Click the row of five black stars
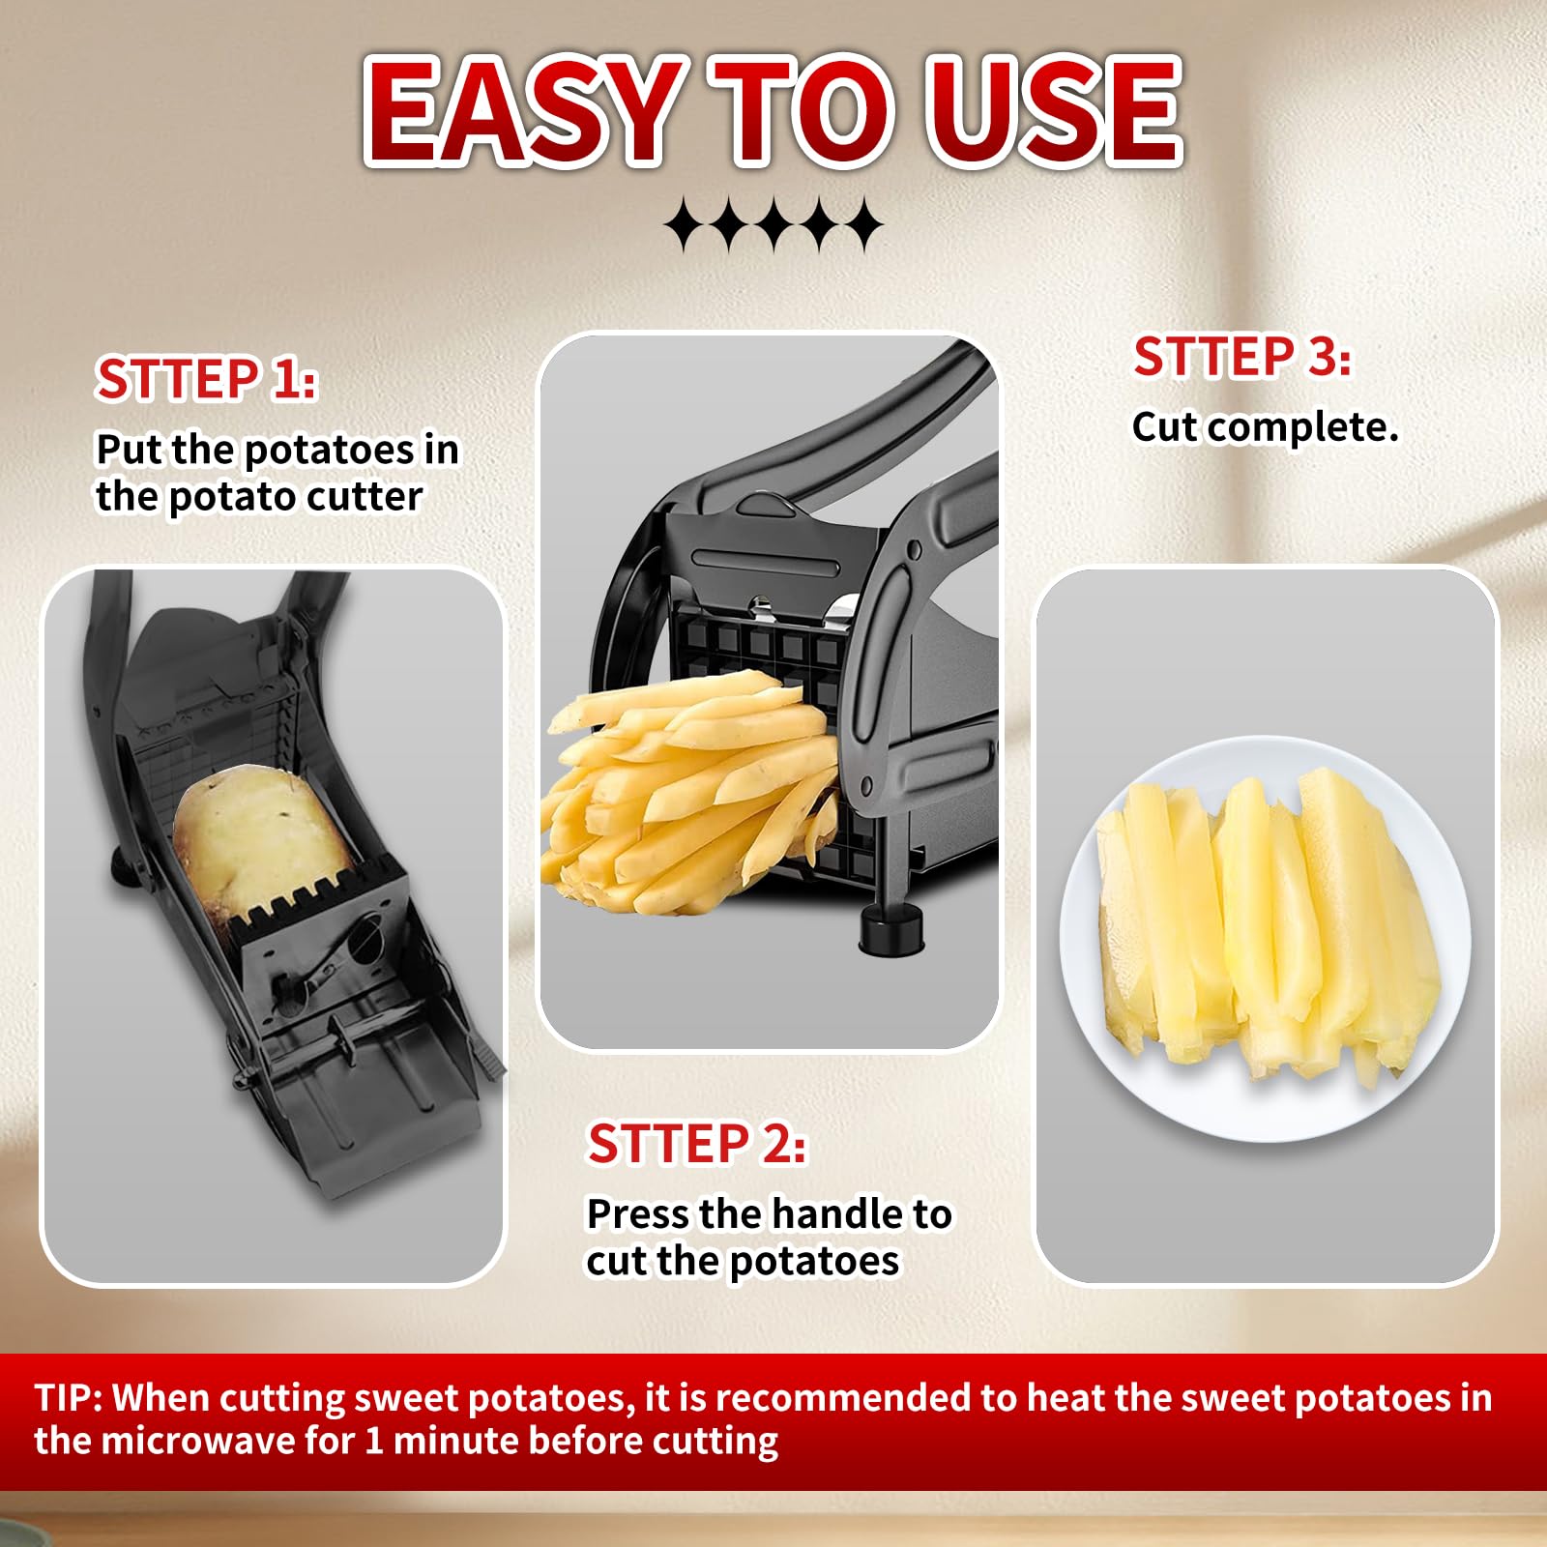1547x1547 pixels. (x=773, y=225)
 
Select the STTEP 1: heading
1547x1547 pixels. (x=206, y=379)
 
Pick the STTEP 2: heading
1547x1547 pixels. (x=697, y=1144)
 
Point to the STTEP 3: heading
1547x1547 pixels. (x=1242, y=357)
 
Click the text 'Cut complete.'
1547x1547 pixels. (x=1266, y=427)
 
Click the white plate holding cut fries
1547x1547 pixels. (x=1266, y=939)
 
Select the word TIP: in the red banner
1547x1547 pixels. (x=69, y=1398)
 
